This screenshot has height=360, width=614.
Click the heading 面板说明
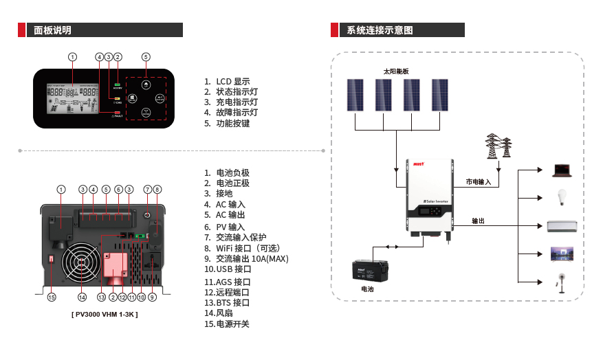click(x=53, y=30)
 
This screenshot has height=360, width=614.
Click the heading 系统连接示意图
click(x=380, y=30)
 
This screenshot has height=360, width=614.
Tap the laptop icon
click(x=562, y=169)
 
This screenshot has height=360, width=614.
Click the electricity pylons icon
click(x=499, y=146)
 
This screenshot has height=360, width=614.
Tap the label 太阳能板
click(x=396, y=71)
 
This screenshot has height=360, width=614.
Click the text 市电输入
click(x=479, y=182)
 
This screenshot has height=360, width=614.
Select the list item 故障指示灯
click(x=237, y=113)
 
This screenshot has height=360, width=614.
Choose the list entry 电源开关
click(x=232, y=324)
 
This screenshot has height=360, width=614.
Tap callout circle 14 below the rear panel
click(x=83, y=297)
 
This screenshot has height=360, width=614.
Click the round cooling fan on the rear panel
click(x=83, y=265)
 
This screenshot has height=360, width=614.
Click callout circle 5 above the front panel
click(x=146, y=56)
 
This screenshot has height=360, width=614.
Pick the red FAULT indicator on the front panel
click(x=117, y=113)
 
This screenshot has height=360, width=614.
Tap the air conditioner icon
click(x=562, y=226)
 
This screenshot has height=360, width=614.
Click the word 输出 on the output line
click(x=479, y=221)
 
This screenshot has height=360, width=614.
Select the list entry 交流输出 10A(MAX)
click(x=252, y=259)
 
